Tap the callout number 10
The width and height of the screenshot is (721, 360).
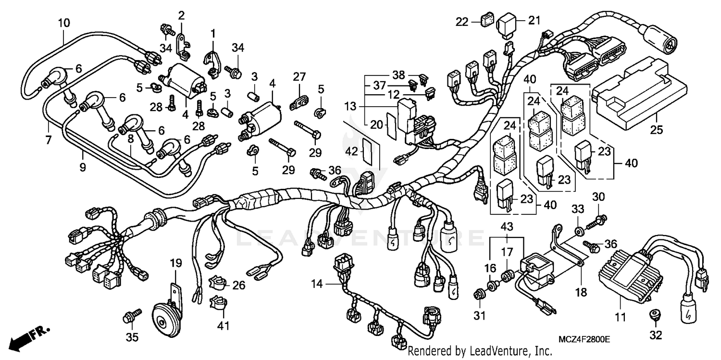63,22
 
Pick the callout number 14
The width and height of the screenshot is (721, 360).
316,284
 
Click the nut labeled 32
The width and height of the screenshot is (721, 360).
653,314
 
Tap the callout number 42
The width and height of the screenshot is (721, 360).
352,150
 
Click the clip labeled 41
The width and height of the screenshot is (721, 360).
217,304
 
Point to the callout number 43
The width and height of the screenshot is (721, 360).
507,226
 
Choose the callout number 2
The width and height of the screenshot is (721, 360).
181,15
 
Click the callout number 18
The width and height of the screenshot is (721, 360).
581,293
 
